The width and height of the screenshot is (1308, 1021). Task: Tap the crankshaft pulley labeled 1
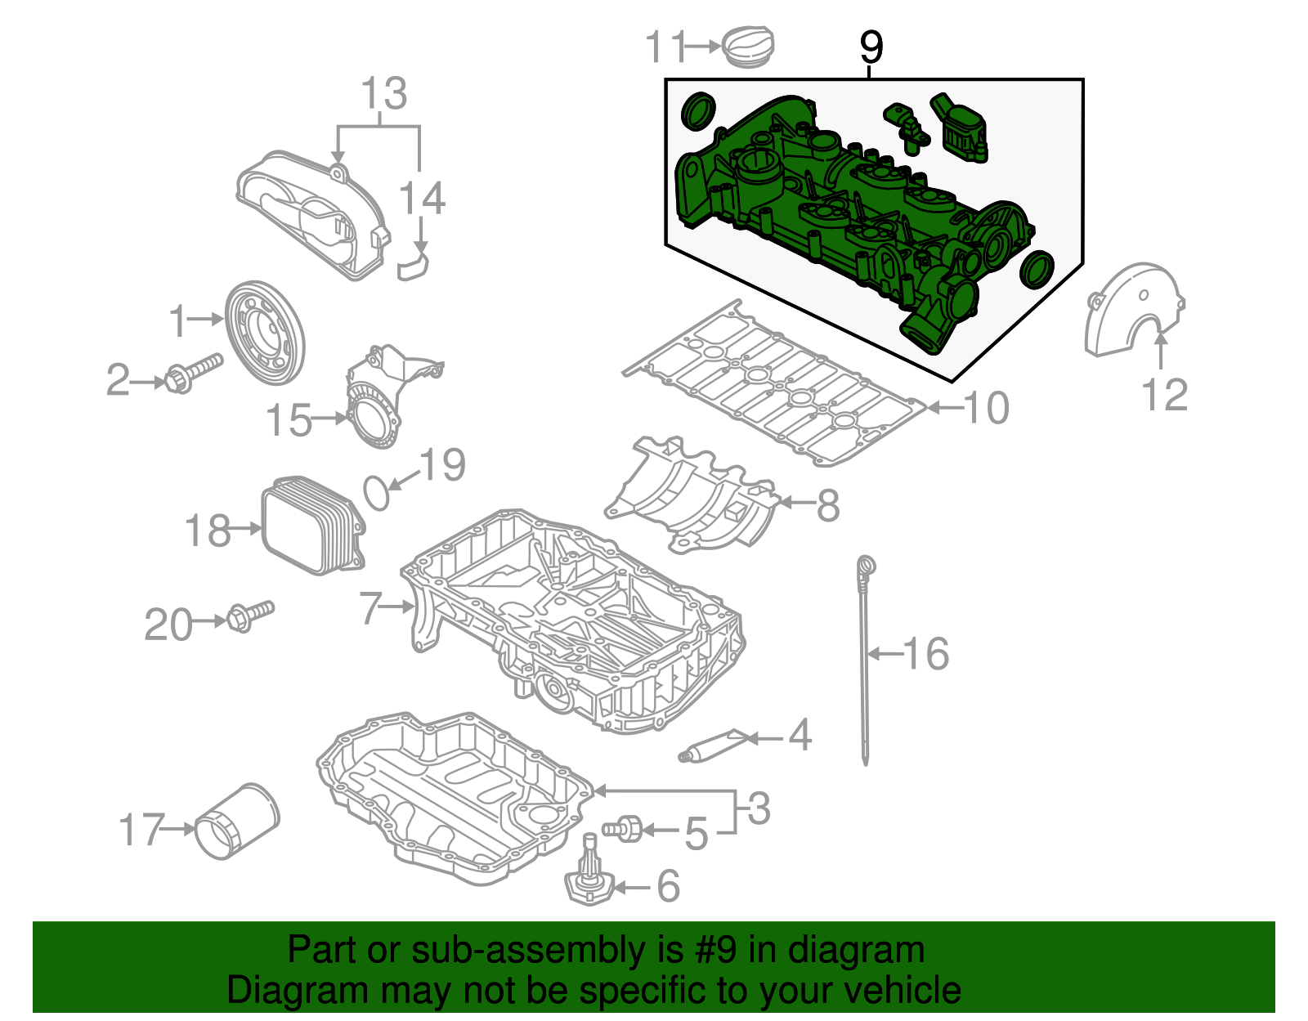point(264,333)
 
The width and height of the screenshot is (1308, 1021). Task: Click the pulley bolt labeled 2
point(193,374)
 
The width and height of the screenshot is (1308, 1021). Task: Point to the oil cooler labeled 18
point(312,526)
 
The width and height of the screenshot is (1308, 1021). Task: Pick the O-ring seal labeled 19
point(376,493)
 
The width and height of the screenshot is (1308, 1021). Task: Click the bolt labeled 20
point(249,615)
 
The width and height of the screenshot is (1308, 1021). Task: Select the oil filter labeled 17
point(237,822)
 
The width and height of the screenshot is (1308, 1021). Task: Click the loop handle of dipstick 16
point(867,565)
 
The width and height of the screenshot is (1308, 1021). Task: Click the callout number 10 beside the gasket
point(987,408)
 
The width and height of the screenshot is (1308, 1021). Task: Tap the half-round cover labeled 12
point(1132,311)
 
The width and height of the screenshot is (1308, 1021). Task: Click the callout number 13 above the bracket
point(383,94)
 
